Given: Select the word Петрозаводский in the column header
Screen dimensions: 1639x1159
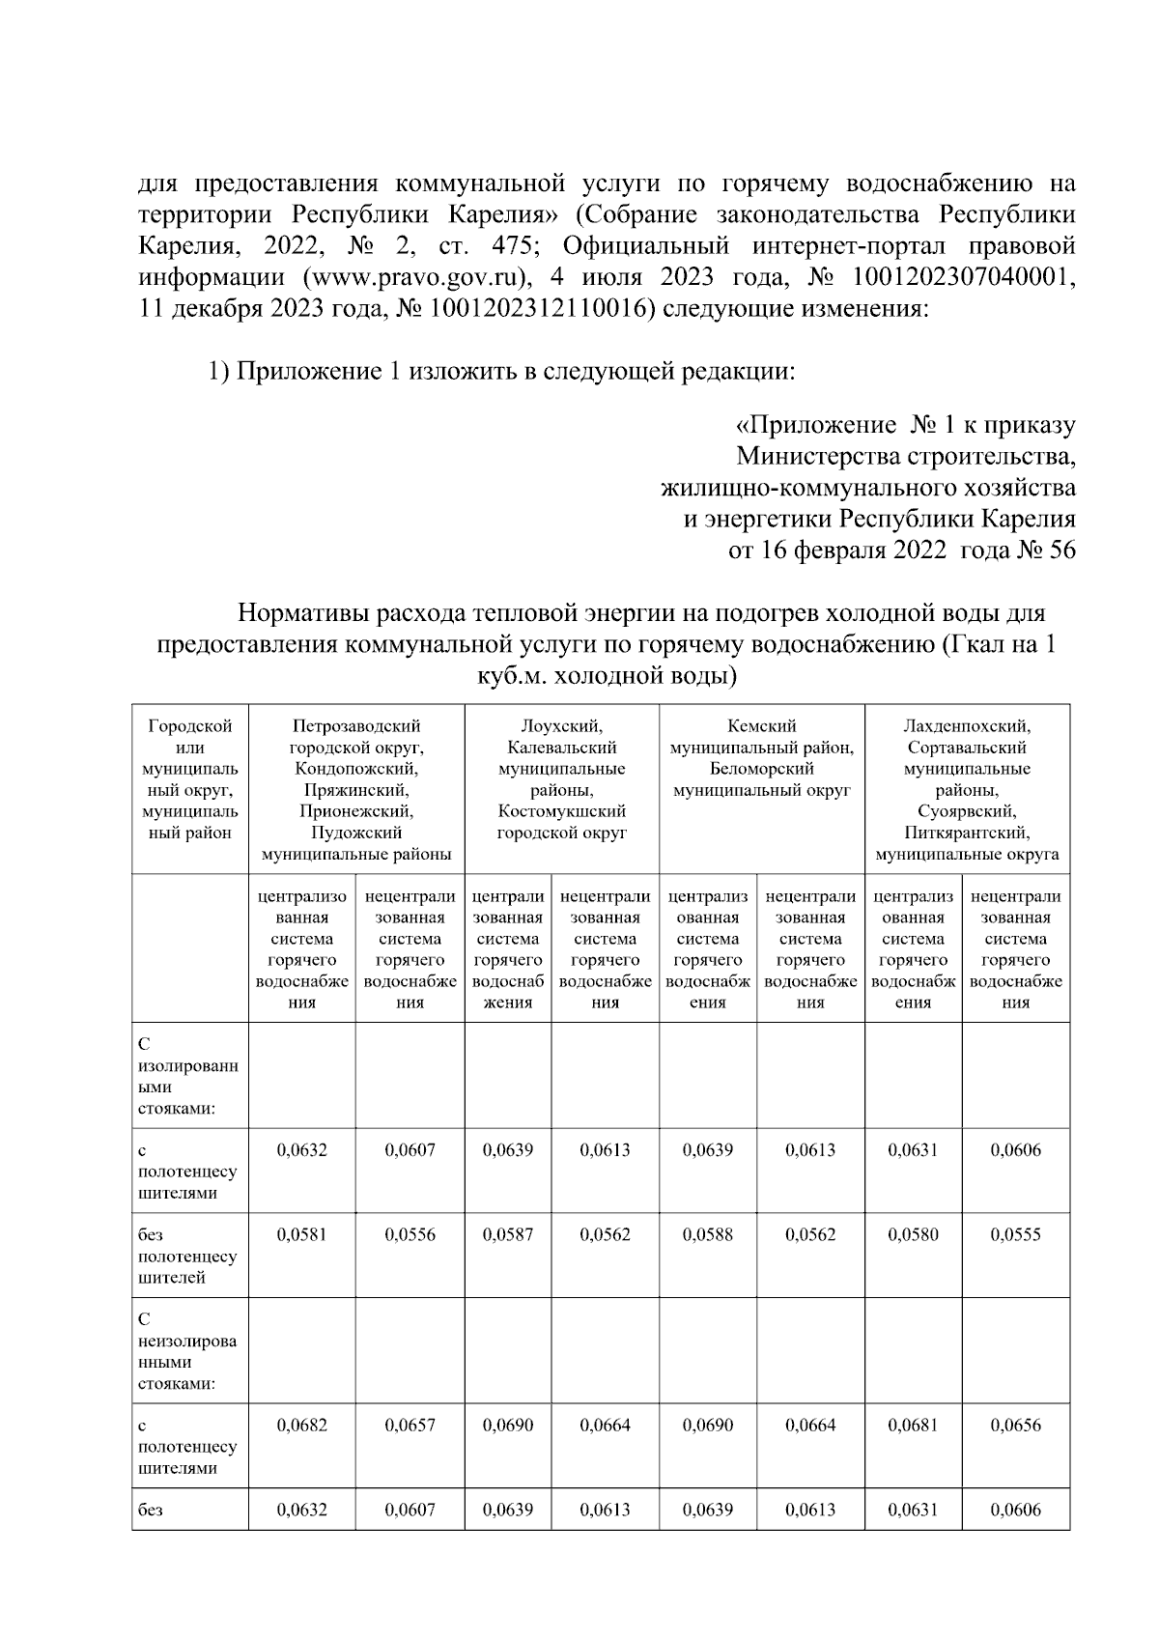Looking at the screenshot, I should point(356,726).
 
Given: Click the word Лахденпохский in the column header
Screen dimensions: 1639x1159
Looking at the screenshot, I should point(967,726).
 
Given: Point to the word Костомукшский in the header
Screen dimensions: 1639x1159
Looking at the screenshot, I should point(561,811).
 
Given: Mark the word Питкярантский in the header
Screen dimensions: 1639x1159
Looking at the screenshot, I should point(967,833).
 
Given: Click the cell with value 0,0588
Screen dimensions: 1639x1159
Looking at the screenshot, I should point(707,1235).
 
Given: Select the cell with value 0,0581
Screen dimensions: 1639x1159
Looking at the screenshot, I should point(301,1235).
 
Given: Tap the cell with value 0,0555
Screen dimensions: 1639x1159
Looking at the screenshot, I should point(1015,1235).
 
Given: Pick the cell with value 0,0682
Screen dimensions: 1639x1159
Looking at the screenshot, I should point(301,1426).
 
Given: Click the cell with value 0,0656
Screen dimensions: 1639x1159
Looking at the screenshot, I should point(1015,1426).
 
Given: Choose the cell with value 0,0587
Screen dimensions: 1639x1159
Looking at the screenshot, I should point(507,1235).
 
